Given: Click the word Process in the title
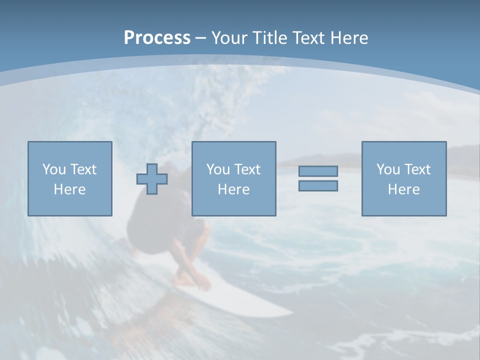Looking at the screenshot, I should coord(157,38).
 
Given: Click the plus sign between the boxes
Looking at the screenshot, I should coord(152,178).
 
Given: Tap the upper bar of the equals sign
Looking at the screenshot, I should coord(318,171).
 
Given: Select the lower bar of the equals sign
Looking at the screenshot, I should coord(318,185).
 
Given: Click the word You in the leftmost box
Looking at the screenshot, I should coord(54,169).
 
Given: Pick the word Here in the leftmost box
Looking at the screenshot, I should coord(69,189).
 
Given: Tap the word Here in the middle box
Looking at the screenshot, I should coord(233,189).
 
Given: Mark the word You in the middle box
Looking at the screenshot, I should coord(218,169).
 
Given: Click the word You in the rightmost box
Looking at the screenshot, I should coord(388,169).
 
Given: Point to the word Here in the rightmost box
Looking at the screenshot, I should coord(403,189).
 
